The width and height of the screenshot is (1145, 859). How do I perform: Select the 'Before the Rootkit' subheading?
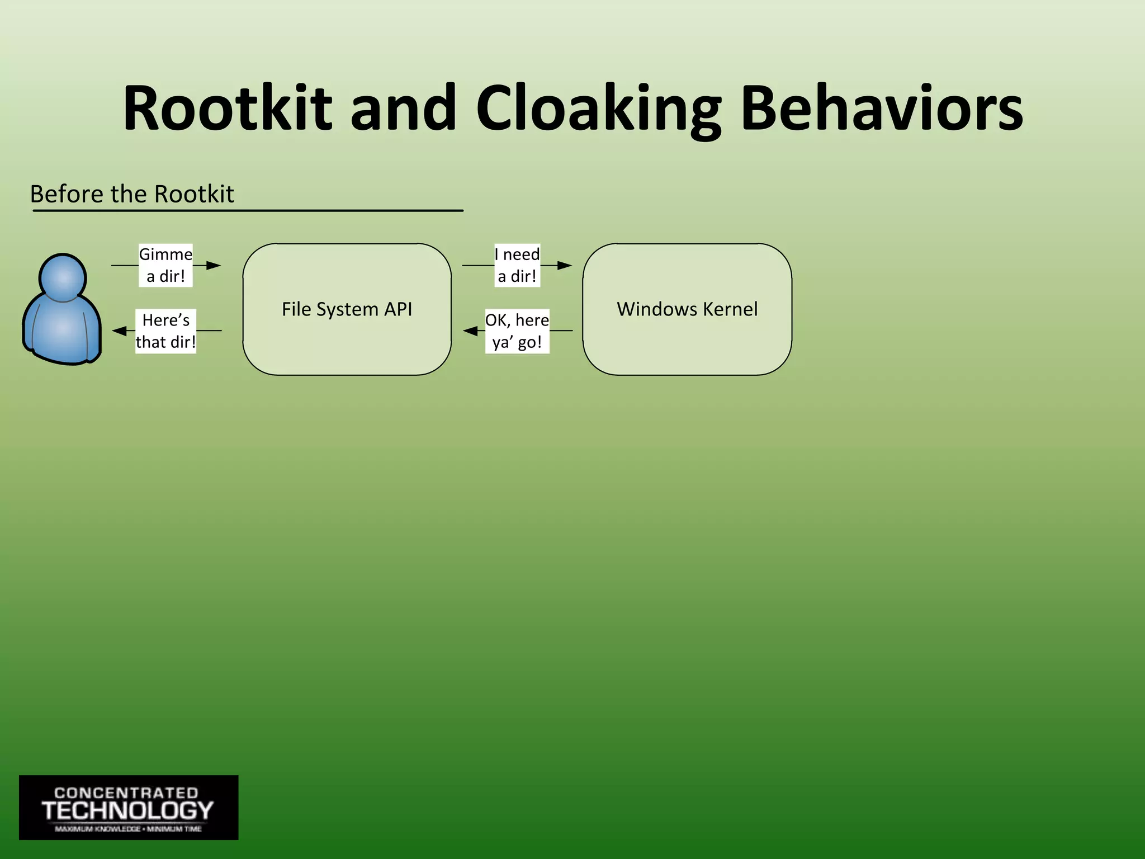point(132,194)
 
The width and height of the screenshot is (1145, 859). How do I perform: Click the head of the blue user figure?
point(63,277)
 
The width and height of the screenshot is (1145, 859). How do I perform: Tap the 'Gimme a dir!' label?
point(165,265)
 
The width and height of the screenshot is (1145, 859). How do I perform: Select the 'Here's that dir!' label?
point(165,331)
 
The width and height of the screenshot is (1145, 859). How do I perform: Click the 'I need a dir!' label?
point(517,265)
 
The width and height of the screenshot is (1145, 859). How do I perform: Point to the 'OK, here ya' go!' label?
point(517,331)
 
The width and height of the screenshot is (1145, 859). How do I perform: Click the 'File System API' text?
point(347,309)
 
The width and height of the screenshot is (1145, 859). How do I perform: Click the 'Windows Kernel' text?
point(687,309)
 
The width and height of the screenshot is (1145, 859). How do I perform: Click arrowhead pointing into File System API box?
point(214,265)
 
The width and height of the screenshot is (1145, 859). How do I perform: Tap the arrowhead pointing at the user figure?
point(119,331)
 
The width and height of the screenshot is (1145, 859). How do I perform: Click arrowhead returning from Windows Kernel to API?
point(470,331)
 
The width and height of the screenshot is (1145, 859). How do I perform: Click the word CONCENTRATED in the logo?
point(126,793)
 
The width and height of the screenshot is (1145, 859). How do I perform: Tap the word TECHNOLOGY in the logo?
point(128,811)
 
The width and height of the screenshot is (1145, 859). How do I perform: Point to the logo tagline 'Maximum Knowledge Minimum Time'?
point(128,829)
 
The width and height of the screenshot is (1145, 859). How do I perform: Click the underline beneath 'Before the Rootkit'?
point(248,211)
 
